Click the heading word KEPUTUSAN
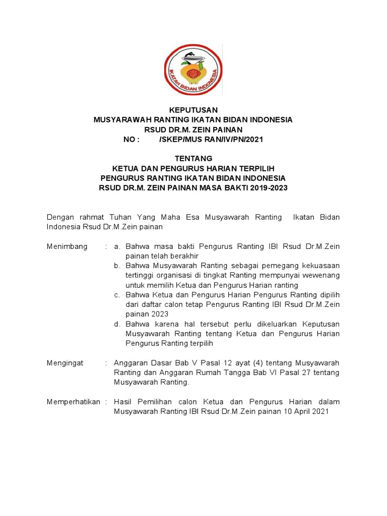pos(193,110)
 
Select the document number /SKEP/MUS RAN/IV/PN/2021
pos(211,140)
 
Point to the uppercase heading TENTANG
pos(193,159)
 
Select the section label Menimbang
pos(67,246)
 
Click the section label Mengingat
pos(66,363)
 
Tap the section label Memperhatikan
pos(74,402)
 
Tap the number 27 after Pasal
pos(301,372)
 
